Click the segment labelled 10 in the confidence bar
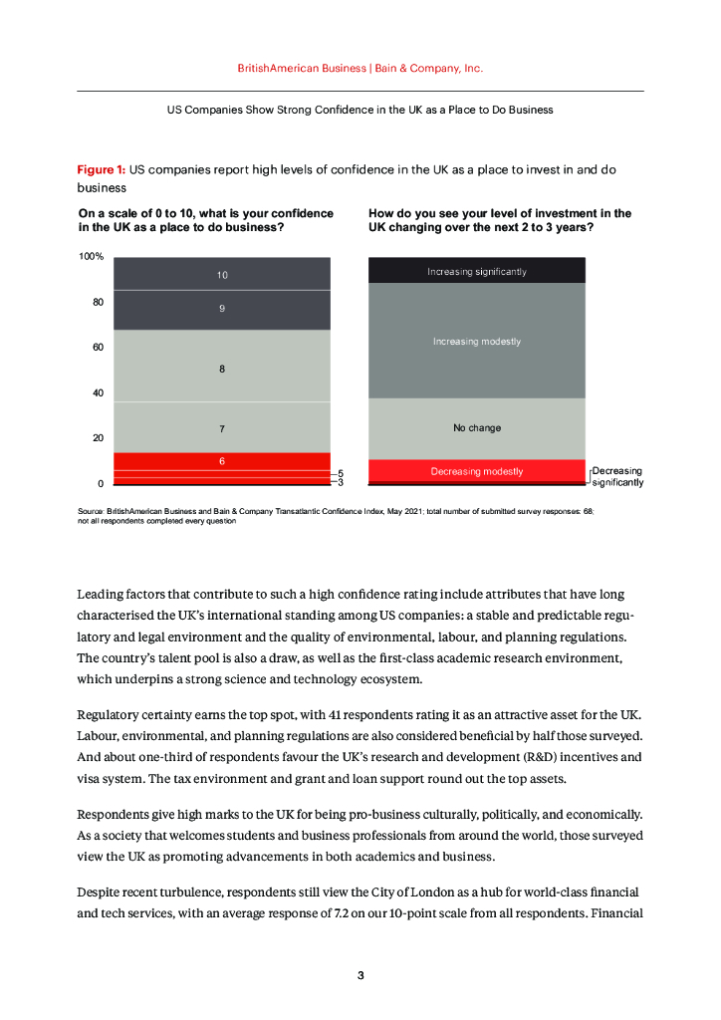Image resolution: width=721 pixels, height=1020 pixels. coord(221,274)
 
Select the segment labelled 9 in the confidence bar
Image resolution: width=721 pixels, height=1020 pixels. coord(221,309)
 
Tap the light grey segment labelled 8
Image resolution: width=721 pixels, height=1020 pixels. coord(221,369)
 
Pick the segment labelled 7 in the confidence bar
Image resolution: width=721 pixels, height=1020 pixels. coord(221,428)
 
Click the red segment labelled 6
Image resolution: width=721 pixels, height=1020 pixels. coord(221,461)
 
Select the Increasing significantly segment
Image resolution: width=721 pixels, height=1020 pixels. coord(477,271)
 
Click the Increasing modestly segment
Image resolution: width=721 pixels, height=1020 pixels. coord(477,342)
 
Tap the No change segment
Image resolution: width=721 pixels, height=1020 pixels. coord(477,428)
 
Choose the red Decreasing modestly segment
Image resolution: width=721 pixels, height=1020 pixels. coord(477,471)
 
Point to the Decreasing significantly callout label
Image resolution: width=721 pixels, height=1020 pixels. coord(617,476)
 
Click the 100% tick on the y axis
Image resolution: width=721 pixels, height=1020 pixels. coord(92,257)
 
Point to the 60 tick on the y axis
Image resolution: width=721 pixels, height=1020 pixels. coord(98,348)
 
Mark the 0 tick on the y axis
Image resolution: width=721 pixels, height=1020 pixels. coord(101,483)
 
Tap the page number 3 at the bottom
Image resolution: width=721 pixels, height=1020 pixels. coord(360,975)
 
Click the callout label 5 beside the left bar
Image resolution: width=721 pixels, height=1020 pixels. coord(340,474)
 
